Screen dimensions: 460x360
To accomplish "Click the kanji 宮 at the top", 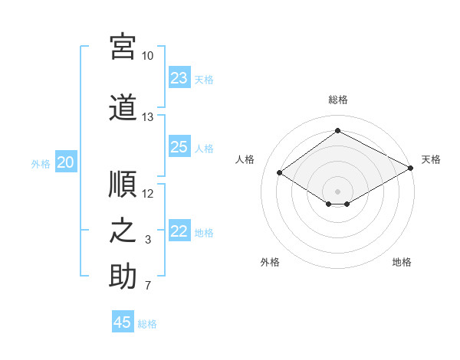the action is point(123,47).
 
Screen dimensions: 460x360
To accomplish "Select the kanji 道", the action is point(123,107).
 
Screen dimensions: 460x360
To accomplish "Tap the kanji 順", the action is point(123,184).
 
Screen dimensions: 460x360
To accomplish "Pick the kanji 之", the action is point(123,231).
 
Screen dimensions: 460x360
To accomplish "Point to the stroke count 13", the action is point(147,117).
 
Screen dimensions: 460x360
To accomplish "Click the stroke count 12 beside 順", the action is point(147,194).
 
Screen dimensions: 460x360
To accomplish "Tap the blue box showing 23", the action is point(179,77).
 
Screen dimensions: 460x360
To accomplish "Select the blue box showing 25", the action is point(179,146).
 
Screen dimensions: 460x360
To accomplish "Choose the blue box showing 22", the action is point(179,230).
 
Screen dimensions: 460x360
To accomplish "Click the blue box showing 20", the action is point(66,162).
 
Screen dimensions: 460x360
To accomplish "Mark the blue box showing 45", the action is point(123,321).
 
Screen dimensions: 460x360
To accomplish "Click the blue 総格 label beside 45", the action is point(147,324).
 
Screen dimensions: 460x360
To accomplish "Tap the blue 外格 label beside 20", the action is point(41,164).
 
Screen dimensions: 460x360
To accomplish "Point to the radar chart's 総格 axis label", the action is point(338,100).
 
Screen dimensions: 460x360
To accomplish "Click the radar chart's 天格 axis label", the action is point(431,159).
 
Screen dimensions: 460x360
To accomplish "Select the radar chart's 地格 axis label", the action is point(402,262).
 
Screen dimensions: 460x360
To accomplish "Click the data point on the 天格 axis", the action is point(411,168).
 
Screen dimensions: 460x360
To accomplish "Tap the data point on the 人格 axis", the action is point(280,172).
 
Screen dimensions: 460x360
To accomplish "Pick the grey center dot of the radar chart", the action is point(337,191).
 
